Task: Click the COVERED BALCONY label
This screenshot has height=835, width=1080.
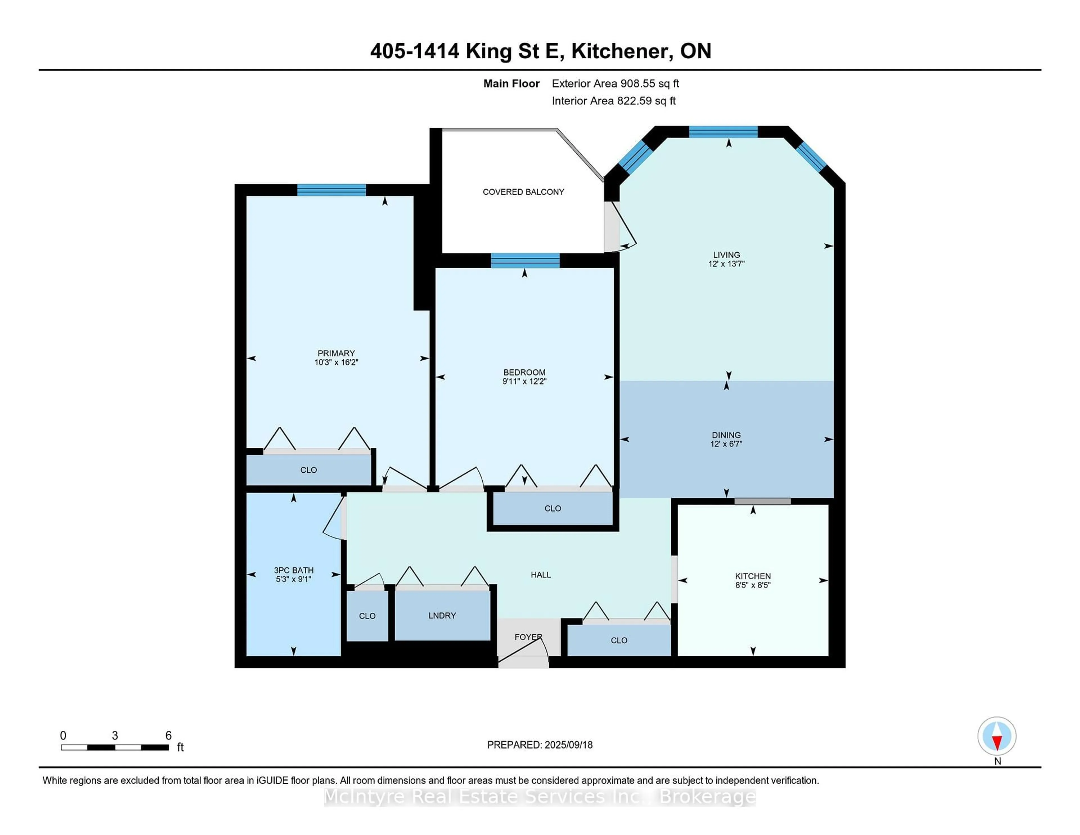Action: pyautogui.click(x=523, y=192)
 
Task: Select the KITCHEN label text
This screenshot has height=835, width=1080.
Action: pyautogui.click(x=753, y=576)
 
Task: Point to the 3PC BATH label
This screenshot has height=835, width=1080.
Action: pyautogui.click(x=294, y=570)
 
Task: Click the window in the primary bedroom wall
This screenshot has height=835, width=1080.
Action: pyautogui.click(x=331, y=190)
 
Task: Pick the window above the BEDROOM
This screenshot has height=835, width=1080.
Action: pyautogui.click(x=525, y=260)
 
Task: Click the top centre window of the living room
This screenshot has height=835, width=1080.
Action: pyautogui.click(x=723, y=132)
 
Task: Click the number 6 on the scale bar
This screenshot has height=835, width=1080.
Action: pyautogui.click(x=168, y=736)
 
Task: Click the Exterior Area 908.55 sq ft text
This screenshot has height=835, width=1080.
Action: pyautogui.click(x=615, y=84)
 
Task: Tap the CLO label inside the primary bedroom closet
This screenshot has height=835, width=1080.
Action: pyautogui.click(x=309, y=470)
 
